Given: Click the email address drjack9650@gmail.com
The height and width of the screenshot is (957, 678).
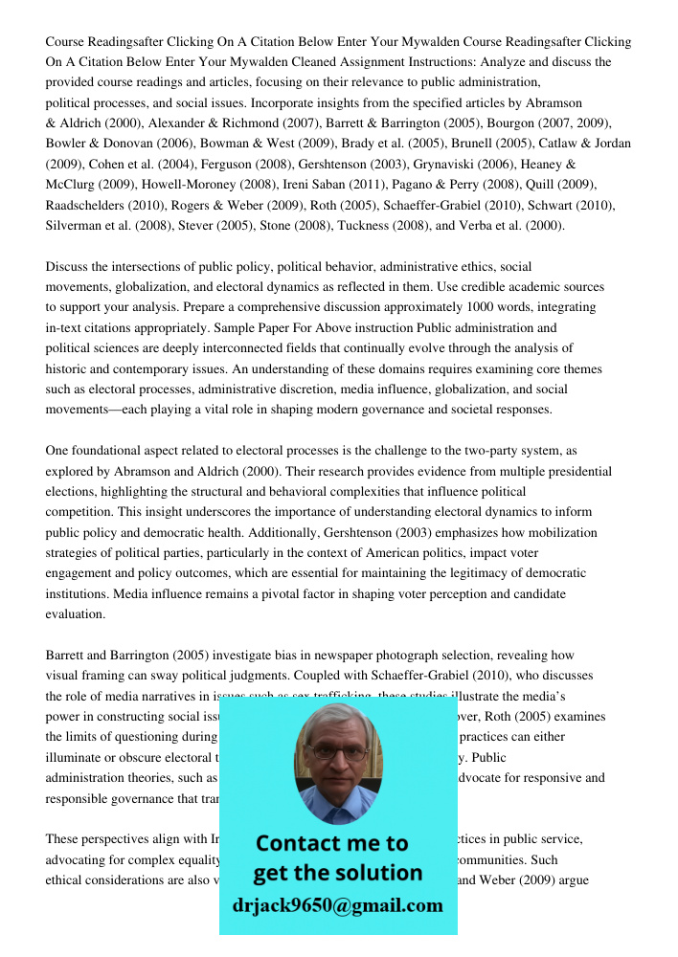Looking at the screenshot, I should click(x=337, y=905).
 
